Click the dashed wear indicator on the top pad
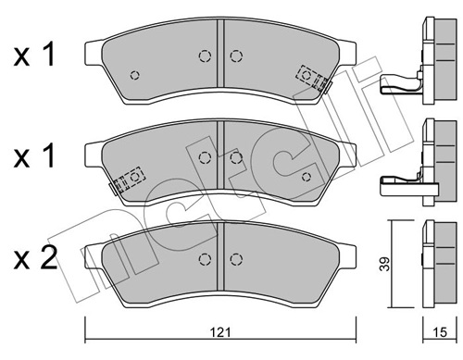click(x=312, y=76)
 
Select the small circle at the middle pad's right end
click(x=307, y=174)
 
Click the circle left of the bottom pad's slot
click(x=205, y=257)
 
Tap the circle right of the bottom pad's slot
click(x=233, y=257)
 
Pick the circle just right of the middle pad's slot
click(x=235, y=157)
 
